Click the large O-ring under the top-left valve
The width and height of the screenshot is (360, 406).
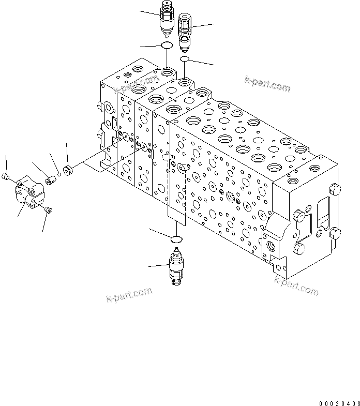167,47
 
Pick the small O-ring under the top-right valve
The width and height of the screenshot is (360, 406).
184,60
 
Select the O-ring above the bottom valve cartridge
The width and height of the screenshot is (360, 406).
176,238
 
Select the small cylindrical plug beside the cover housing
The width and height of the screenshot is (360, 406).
51,179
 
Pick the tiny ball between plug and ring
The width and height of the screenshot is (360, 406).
59,175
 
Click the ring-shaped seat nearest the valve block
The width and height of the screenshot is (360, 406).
67,169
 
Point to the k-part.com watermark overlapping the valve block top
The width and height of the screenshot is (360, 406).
136,84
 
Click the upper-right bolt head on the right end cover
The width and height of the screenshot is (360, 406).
334,190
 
